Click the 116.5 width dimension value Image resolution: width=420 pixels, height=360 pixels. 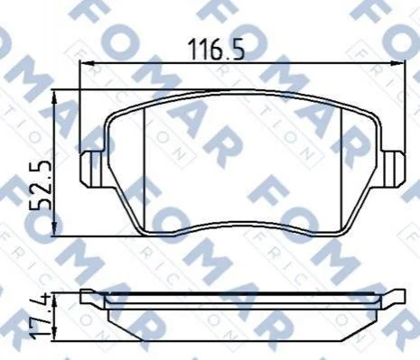tap(216, 50)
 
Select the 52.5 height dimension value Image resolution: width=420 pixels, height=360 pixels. tap(40, 185)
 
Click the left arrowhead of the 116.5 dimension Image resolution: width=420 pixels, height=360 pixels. tap(87, 63)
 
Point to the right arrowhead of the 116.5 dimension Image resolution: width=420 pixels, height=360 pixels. tap(397, 63)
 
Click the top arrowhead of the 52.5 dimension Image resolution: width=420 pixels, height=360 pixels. tap(54, 97)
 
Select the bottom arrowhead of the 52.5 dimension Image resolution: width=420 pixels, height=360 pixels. tap(54, 229)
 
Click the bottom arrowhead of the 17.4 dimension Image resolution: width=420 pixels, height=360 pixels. tap(54, 334)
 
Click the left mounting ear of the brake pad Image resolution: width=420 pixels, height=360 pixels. tap(91, 170)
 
